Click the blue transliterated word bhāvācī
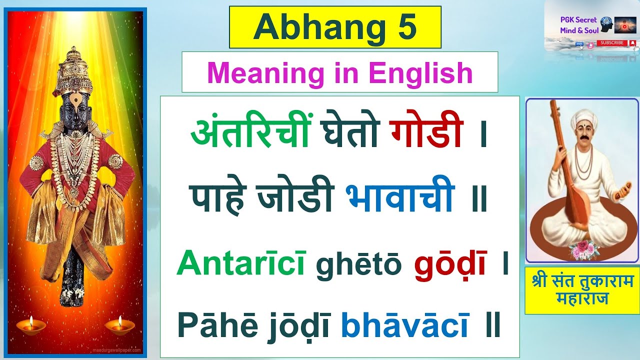(x=405, y=325)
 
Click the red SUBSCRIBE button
(x=612, y=43)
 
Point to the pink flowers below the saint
(x=584, y=248)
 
